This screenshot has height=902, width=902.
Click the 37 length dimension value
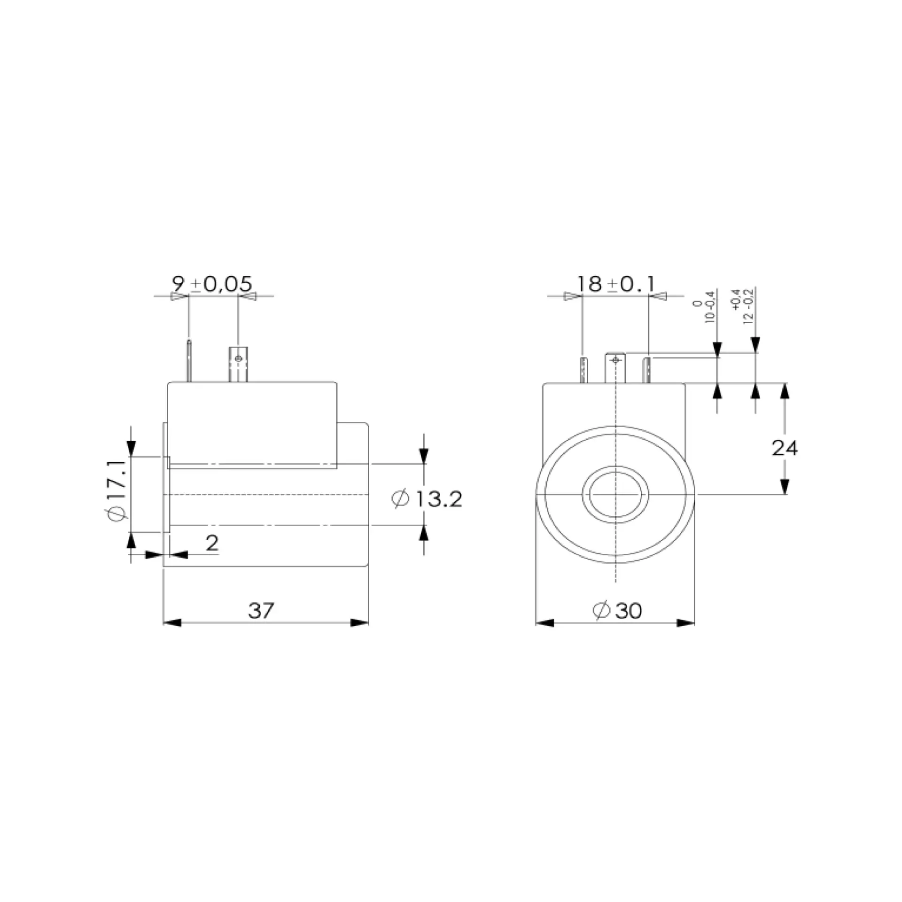(x=261, y=610)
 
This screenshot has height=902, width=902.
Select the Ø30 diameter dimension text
(x=617, y=610)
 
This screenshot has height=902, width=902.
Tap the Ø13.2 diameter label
(x=427, y=498)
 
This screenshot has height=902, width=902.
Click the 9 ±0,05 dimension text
(x=212, y=284)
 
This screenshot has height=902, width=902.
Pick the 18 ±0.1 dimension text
(x=615, y=284)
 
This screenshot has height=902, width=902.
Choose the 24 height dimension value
(x=785, y=448)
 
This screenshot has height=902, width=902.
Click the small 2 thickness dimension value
(x=212, y=544)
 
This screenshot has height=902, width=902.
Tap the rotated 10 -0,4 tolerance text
(x=703, y=307)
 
